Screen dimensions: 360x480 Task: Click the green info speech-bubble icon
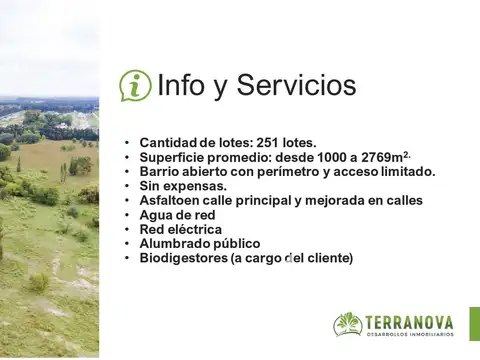[x=135, y=86]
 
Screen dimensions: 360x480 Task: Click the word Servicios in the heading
[x=296, y=86]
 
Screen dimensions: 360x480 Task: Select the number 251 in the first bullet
[x=270, y=143]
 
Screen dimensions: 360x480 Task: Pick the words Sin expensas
[x=183, y=186]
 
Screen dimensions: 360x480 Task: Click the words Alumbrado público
[x=199, y=244]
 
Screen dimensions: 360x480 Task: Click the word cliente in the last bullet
[x=326, y=258]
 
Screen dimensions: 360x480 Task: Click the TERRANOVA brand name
[x=409, y=322]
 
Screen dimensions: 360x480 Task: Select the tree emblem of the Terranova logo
[x=348, y=324]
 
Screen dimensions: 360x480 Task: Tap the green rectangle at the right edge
[x=474, y=324]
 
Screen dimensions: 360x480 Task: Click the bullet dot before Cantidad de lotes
[x=127, y=143]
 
